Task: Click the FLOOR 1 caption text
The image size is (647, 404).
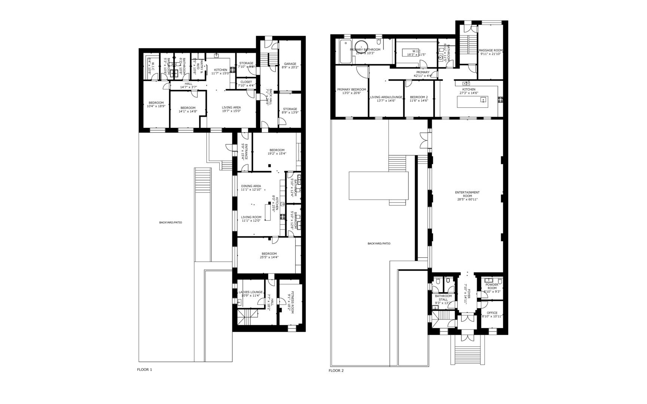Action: click(x=145, y=370)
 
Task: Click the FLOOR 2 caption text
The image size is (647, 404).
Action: click(x=336, y=371)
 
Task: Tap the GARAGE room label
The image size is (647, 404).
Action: click(x=290, y=64)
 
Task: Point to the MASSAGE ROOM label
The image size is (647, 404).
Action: click(x=491, y=50)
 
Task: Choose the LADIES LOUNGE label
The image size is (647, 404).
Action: click(x=250, y=292)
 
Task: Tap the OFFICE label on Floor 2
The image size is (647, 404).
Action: click(x=492, y=313)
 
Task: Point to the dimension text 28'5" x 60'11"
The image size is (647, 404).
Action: click(x=467, y=199)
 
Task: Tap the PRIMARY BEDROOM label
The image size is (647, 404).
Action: click(x=351, y=89)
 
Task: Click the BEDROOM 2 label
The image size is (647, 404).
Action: click(x=419, y=97)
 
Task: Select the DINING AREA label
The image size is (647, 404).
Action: click(x=251, y=186)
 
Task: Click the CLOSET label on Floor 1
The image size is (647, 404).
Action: click(x=246, y=82)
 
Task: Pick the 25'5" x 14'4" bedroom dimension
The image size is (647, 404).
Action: click(x=269, y=257)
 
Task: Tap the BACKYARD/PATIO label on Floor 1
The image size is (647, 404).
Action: click(x=170, y=223)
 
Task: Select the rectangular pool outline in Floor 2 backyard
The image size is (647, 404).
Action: click(x=378, y=186)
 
